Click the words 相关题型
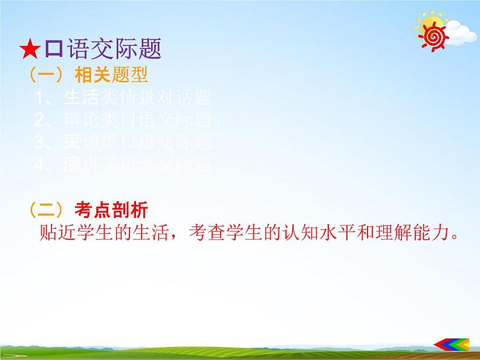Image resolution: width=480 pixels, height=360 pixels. click(111, 76)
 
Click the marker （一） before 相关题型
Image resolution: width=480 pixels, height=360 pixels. click(48, 76)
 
